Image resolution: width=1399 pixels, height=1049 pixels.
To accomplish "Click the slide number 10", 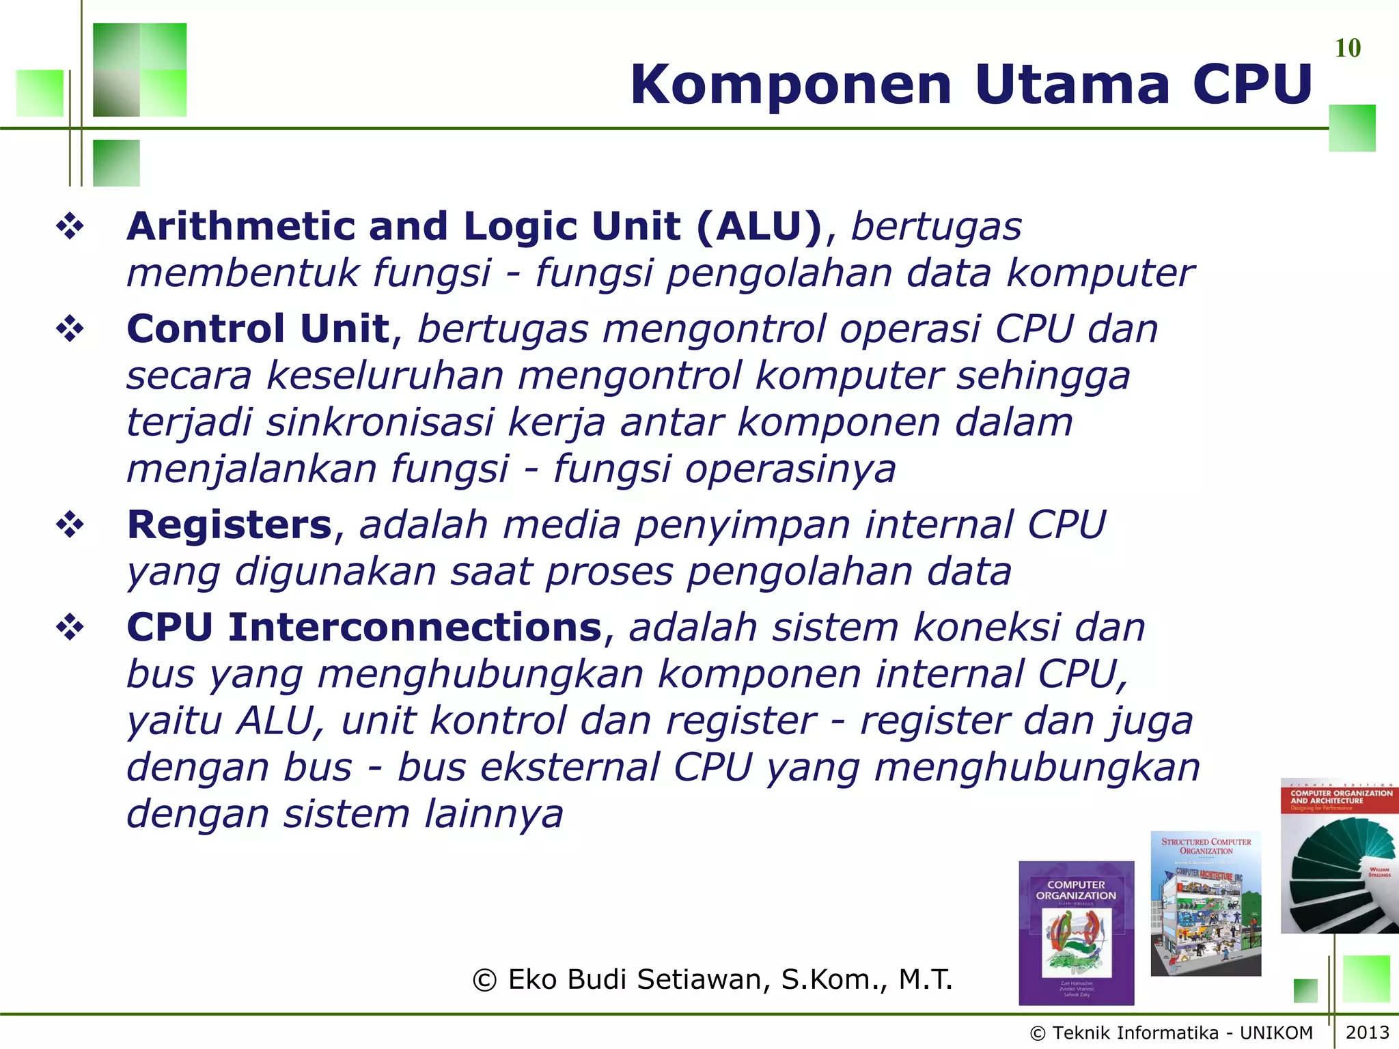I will (1347, 48).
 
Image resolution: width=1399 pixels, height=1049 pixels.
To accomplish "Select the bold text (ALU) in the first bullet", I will (759, 226).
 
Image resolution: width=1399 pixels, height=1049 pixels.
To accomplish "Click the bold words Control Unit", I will (258, 328).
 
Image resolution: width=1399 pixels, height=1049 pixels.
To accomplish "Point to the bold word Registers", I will (230, 524).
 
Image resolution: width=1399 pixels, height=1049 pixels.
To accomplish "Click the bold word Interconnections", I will (414, 627).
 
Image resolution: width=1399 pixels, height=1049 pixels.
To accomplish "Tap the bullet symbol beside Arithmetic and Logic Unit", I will (70, 226).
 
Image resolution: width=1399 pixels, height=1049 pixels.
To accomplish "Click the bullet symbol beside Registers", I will (70, 524).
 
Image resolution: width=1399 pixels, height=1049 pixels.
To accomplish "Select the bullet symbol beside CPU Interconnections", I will (70, 627).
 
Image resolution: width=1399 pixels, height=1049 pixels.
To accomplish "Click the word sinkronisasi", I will (380, 422).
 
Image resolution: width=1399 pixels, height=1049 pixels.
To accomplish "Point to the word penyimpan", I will (742, 524).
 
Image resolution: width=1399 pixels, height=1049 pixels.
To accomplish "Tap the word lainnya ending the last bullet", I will (493, 813).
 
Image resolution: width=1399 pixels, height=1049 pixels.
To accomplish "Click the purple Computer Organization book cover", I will (1076, 932).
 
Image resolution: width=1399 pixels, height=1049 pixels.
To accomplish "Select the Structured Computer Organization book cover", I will (1206, 903).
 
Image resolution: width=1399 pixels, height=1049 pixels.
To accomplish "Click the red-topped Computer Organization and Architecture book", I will (1339, 856).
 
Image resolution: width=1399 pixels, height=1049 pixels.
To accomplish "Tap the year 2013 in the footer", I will (1367, 1032).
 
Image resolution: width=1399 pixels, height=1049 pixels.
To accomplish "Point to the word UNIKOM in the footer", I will (1276, 1033).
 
